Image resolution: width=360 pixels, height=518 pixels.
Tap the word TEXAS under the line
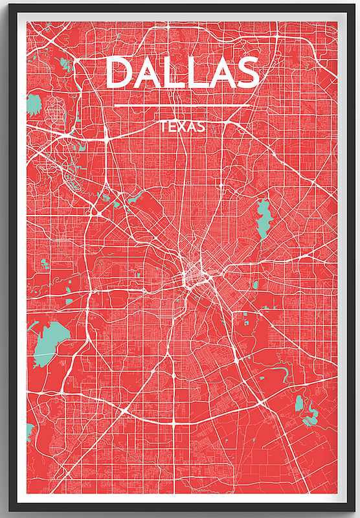pyautogui.click(x=182, y=126)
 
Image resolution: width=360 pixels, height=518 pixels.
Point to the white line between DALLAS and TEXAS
pyautogui.click(x=182, y=106)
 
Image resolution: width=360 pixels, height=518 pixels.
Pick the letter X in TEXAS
pyautogui.click(x=181, y=126)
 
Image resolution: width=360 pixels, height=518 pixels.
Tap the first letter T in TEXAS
pyautogui.click(x=163, y=126)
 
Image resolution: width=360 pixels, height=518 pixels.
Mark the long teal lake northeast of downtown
pyautogui.click(x=264, y=218)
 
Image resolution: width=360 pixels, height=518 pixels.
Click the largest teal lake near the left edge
pyautogui.click(x=47, y=341)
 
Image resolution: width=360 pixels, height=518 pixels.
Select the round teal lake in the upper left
pyautogui.click(x=34, y=104)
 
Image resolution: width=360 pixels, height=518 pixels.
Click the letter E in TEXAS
pyautogui.click(x=172, y=126)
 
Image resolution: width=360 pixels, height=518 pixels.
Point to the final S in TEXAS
pyautogui.click(x=201, y=126)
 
